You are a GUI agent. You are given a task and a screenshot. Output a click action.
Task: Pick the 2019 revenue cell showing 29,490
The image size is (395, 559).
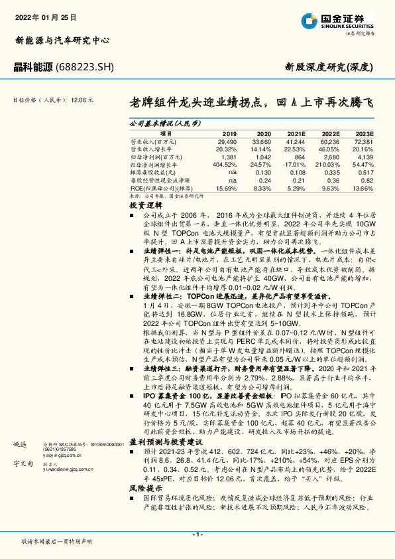click(227, 141)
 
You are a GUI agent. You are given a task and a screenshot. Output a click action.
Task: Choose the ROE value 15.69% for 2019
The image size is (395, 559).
click(226, 189)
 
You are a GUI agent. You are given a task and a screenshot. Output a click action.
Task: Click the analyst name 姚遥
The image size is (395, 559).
click(20, 443)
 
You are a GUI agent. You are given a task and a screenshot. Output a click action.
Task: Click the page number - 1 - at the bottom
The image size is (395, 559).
click(197, 534)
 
